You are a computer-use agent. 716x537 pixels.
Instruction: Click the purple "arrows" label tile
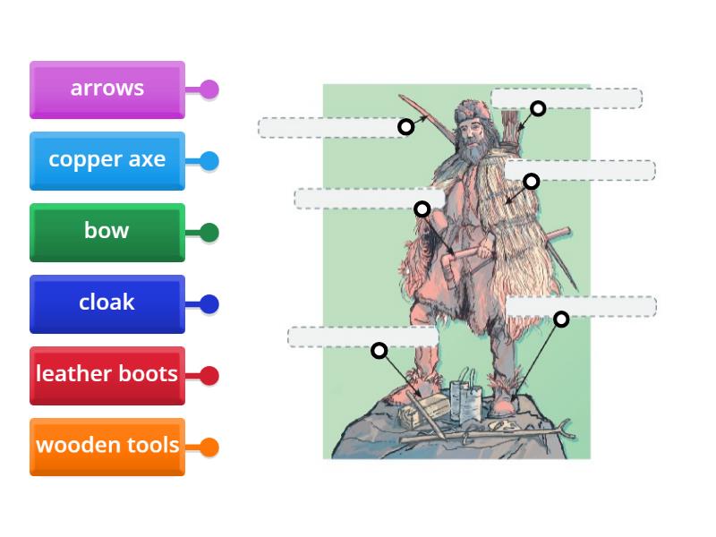tap(107, 89)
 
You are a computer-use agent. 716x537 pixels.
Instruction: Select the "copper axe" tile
tap(107, 160)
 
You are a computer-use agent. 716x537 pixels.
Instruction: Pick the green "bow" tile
tap(107, 231)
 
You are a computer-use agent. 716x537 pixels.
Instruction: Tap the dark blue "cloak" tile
tap(107, 303)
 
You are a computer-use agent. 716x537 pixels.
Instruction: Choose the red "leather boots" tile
tap(107, 374)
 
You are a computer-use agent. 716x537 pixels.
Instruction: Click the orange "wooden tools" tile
tap(107, 446)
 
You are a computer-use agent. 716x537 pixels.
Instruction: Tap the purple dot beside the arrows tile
tap(209, 89)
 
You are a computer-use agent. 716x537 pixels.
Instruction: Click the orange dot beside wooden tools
tap(209, 447)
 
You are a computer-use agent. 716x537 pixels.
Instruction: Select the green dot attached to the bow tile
tap(209, 233)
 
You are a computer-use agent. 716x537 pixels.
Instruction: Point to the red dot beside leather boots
tap(209, 376)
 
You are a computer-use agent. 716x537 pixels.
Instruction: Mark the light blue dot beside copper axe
tap(209, 161)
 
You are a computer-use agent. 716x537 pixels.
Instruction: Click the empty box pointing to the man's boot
tap(581, 306)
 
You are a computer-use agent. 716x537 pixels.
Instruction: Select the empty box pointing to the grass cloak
tap(580, 170)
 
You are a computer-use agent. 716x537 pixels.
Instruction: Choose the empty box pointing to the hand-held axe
tap(369, 198)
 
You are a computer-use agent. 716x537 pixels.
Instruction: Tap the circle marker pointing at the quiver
tap(538, 109)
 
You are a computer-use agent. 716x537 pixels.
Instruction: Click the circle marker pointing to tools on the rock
tap(379, 350)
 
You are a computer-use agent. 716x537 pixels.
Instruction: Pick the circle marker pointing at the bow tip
tap(406, 127)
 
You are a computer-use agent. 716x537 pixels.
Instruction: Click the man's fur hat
tap(467, 112)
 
